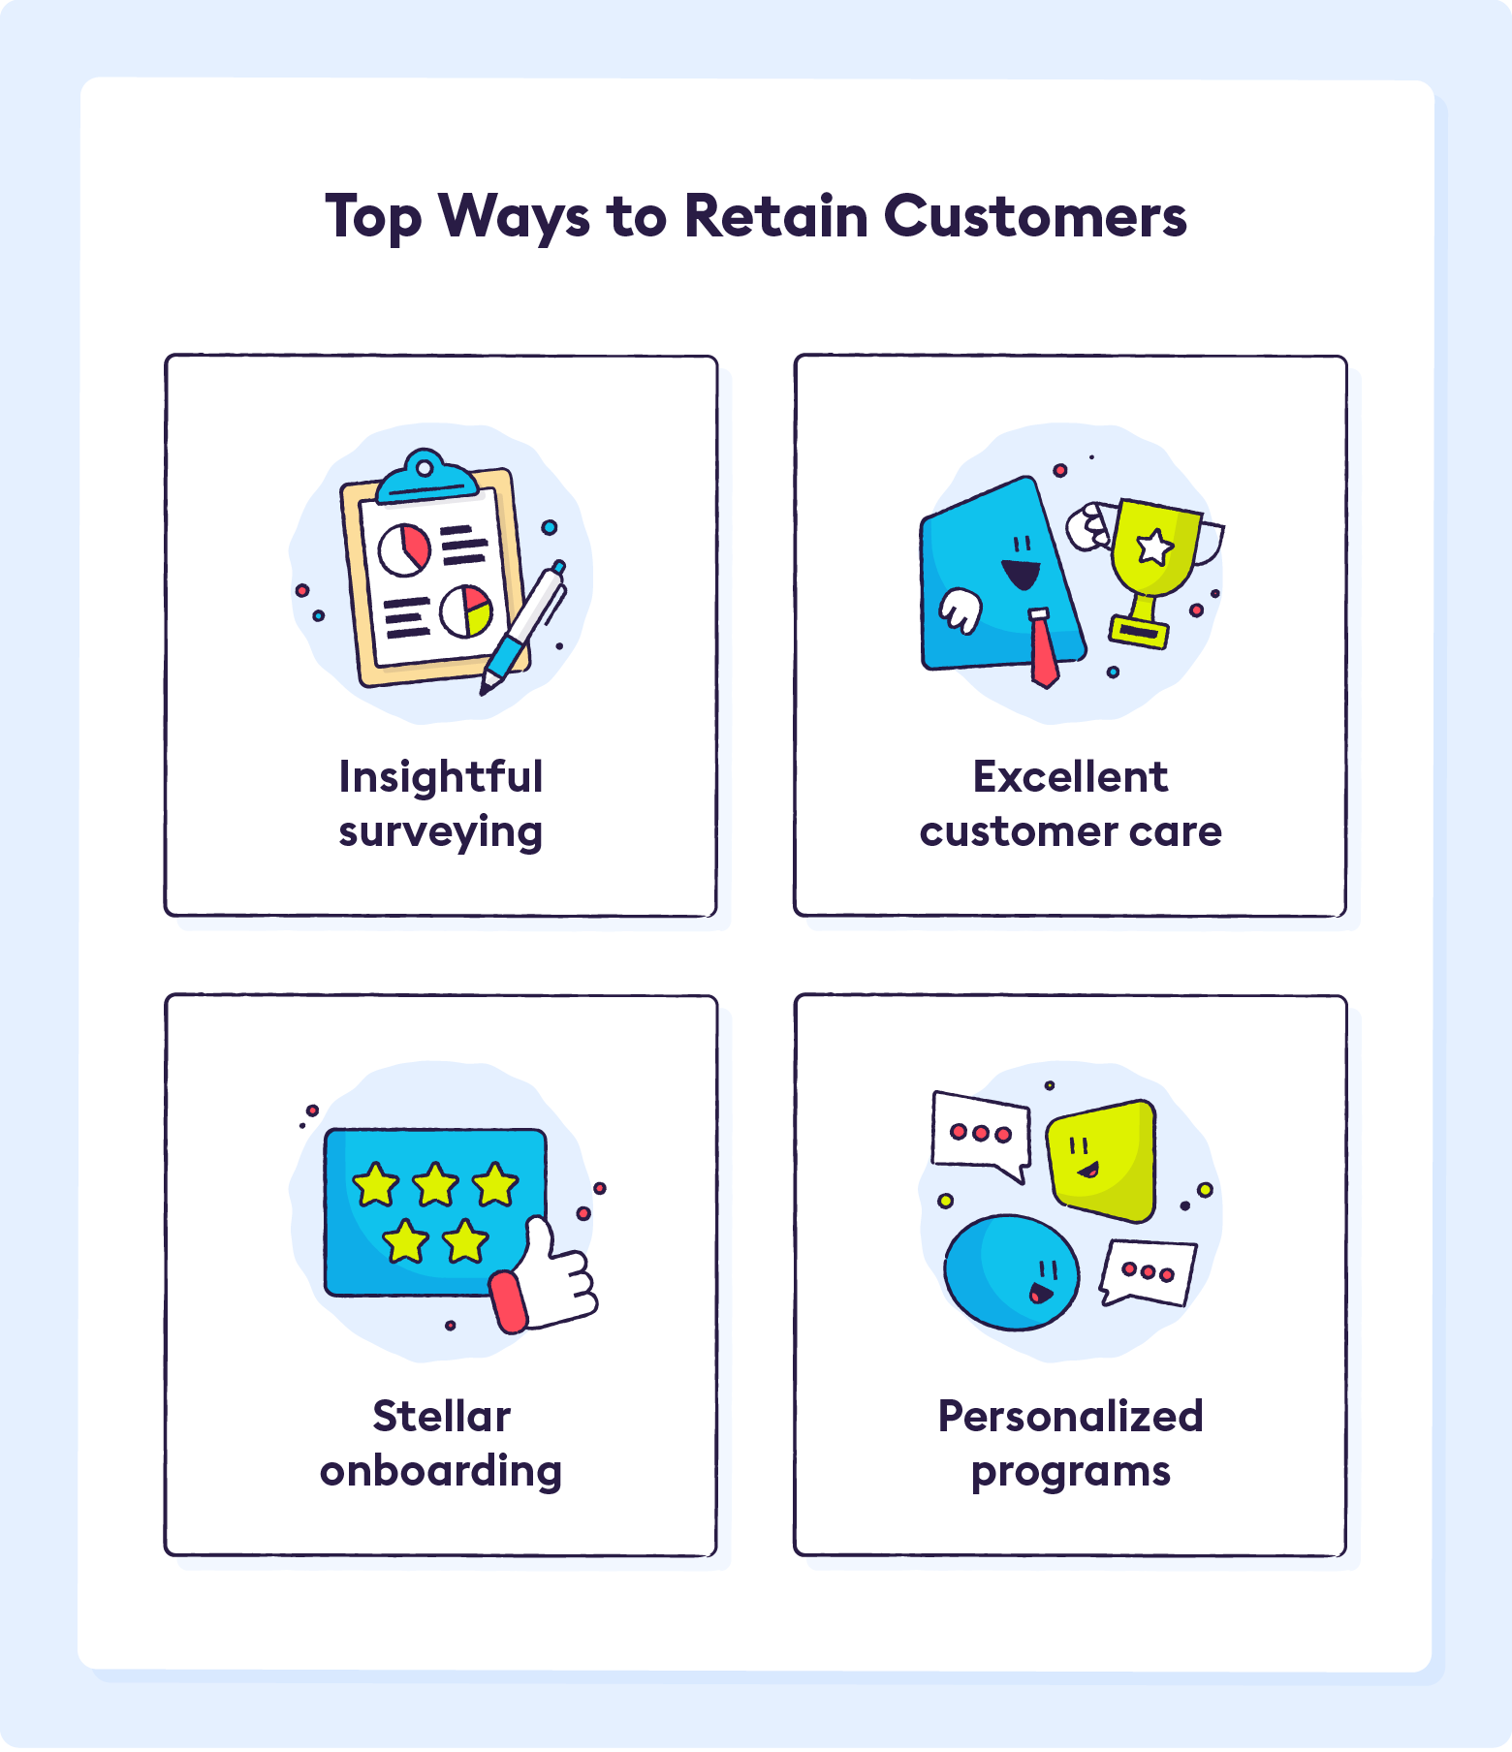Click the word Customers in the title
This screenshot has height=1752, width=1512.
(x=1034, y=216)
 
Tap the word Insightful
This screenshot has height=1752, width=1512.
(x=441, y=777)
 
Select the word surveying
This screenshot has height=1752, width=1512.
(x=441, y=832)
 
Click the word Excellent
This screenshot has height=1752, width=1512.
(x=1070, y=777)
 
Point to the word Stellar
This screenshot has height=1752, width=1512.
(x=441, y=1417)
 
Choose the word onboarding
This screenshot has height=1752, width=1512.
(x=441, y=1471)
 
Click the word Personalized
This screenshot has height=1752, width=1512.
(x=1070, y=1417)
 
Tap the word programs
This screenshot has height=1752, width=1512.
(x=1070, y=1471)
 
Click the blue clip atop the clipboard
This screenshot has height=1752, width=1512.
(x=425, y=478)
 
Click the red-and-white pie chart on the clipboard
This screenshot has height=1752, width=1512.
(x=404, y=549)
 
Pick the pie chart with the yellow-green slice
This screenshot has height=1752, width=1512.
(x=466, y=611)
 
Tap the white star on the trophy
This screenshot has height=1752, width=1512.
(x=1153, y=547)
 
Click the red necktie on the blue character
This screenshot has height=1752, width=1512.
(x=1042, y=647)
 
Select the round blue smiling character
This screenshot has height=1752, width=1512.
(x=1011, y=1271)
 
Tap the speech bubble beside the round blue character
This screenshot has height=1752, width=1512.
(x=1149, y=1271)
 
